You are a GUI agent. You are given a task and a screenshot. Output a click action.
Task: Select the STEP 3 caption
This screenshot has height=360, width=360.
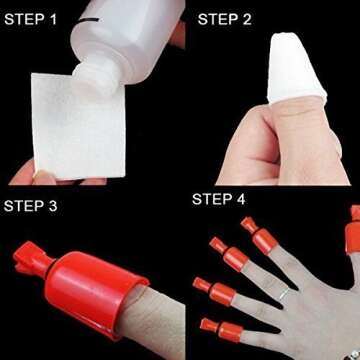coord(41,206)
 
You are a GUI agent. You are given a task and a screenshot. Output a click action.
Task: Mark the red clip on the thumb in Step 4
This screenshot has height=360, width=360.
coord(353,232)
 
